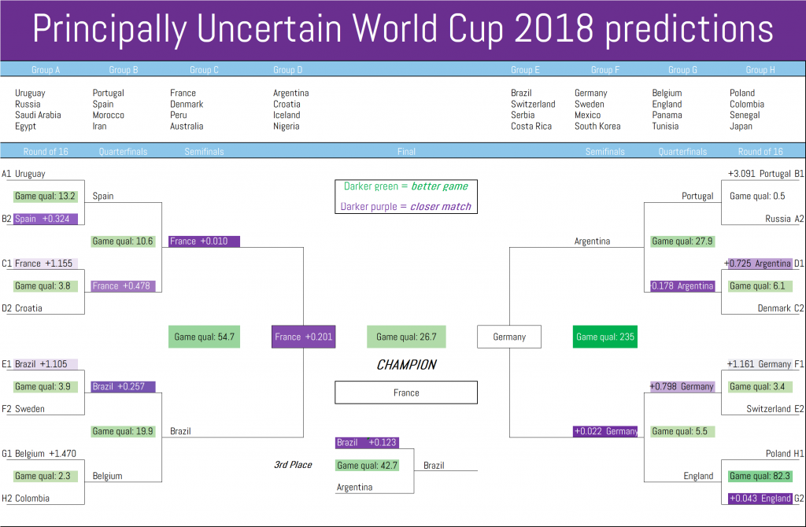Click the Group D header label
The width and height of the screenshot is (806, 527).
[287, 70]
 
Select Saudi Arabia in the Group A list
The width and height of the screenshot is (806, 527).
[38, 115]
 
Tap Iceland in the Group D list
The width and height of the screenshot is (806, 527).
[287, 115]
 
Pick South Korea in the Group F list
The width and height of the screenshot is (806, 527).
[597, 127]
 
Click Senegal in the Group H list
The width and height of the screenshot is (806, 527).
[745, 115]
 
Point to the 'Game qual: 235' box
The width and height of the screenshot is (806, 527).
[605, 337]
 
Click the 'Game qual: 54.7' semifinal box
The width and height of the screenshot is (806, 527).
[204, 337]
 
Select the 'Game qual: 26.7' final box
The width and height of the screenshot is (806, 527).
[406, 337]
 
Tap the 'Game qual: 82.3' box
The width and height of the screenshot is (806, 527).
[760, 476]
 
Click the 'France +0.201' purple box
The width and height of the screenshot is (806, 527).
[303, 337]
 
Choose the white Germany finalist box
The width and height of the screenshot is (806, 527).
[509, 337]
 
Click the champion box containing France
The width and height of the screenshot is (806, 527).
[406, 392]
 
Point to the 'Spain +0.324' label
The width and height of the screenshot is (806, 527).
[45, 219]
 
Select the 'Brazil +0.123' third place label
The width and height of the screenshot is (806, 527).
[367, 443]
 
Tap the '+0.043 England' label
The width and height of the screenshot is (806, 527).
[760, 498]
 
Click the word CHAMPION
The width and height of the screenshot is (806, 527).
[406, 365]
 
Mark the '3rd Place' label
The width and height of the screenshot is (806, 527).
[293, 465]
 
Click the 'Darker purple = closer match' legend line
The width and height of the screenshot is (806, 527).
[405, 207]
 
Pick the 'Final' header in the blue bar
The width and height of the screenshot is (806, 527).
[406, 152]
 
